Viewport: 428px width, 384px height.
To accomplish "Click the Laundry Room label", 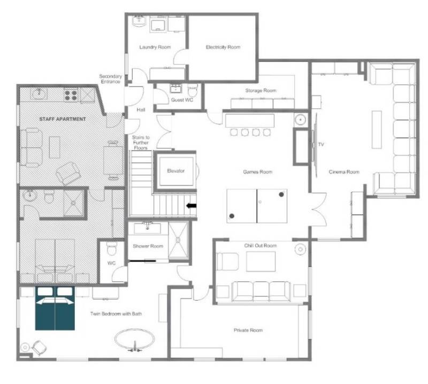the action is click(x=155, y=47).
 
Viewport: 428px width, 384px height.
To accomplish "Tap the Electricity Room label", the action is click(x=223, y=47).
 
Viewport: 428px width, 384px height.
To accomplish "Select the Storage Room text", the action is click(x=261, y=90).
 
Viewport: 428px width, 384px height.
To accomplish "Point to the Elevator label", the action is click(x=176, y=171).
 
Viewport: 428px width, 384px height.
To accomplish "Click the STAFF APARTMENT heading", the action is click(x=63, y=119).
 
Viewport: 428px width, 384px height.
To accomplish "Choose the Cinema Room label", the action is click(x=344, y=172).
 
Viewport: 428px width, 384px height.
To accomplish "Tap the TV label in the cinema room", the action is click(x=321, y=144).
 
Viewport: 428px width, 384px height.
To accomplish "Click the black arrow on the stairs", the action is click(x=191, y=206).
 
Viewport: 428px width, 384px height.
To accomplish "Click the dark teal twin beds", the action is click(x=55, y=308).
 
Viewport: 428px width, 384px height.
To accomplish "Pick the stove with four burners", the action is click(x=71, y=96).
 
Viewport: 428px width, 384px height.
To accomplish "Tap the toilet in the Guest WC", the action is click(x=193, y=90).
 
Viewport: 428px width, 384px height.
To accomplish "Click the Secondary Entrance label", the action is click(x=110, y=79).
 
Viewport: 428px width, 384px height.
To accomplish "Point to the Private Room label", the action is click(x=248, y=330).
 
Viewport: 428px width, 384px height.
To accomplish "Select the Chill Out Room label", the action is click(x=261, y=246).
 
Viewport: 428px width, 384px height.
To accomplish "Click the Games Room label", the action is click(x=258, y=172).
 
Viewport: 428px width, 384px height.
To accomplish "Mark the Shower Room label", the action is click(x=148, y=246).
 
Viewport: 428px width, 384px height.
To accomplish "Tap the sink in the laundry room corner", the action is click(x=139, y=21).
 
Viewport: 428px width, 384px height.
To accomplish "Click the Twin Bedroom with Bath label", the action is click(x=116, y=314).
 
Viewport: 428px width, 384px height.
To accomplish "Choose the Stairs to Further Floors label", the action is click(x=141, y=143).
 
